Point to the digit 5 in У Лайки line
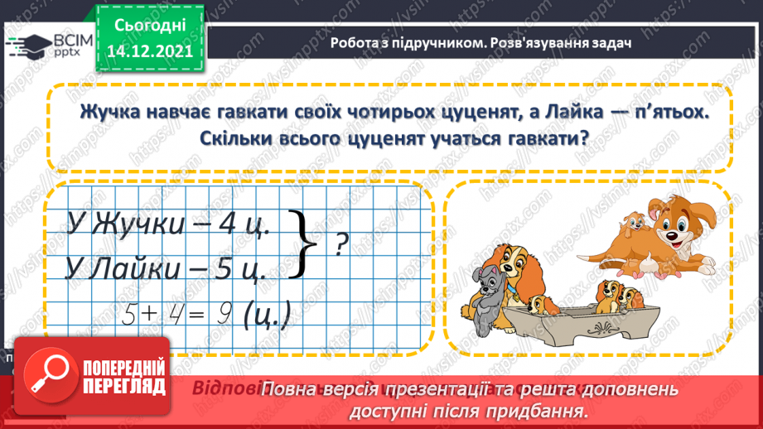pyautogui.click(x=234, y=270)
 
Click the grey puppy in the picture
pyautogui.click(x=485, y=287)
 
